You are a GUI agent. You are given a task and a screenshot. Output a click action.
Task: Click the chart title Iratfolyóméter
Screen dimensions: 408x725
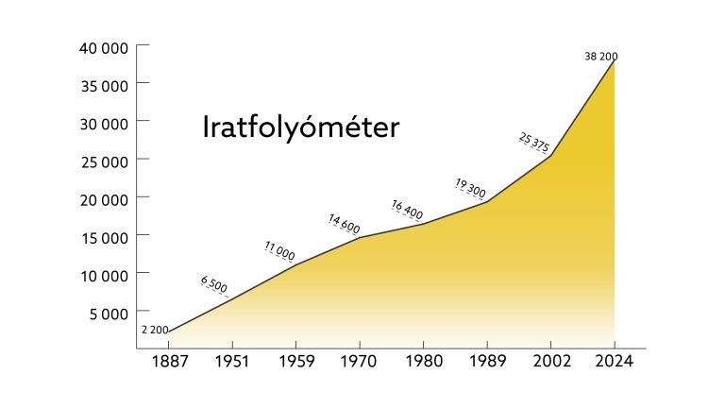(301, 128)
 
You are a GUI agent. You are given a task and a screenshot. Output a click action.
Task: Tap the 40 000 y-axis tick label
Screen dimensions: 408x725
(104, 47)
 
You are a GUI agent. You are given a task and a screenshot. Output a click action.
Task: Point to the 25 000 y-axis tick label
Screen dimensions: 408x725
(104, 161)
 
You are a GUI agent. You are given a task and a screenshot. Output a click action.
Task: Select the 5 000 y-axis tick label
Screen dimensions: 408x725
(109, 313)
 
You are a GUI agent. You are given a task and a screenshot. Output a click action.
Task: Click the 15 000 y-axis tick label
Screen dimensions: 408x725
(104, 237)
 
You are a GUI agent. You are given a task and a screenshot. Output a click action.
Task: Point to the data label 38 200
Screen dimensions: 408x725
(600, 57)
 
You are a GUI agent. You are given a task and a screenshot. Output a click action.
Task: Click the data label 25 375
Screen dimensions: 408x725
(534, 143)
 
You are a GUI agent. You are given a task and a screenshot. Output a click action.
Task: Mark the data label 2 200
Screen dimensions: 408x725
(155, 330)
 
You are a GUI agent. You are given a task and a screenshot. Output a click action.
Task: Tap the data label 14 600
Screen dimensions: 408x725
(344, 224)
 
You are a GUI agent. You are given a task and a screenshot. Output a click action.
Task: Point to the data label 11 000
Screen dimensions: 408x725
(279, 250)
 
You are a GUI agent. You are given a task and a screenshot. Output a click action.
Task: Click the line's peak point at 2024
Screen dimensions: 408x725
(615, 60)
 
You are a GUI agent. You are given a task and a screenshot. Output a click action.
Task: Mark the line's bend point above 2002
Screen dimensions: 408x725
(550, 156)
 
